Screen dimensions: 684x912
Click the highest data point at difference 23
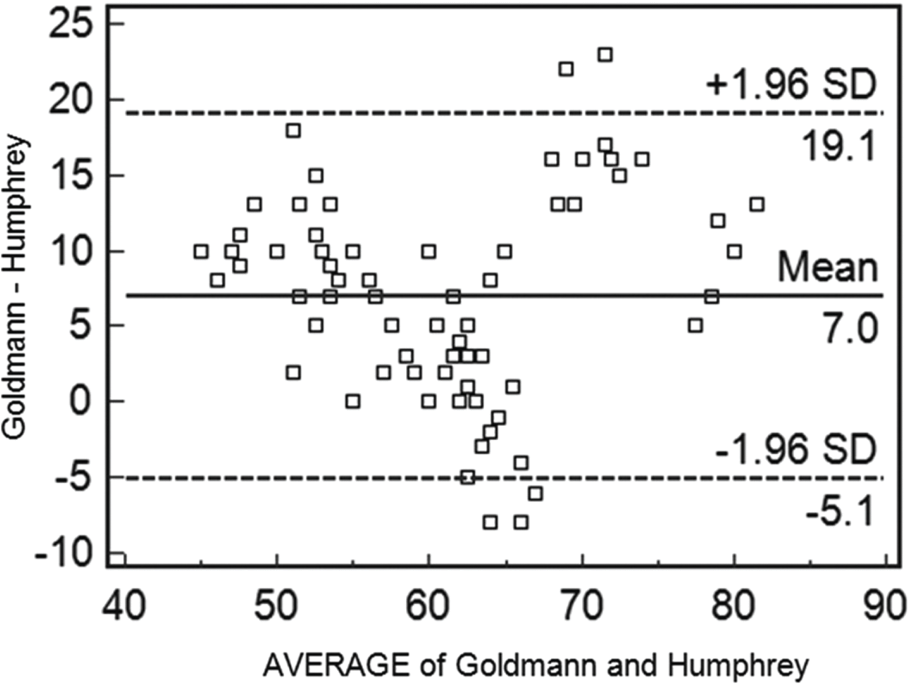(x=605, y=55)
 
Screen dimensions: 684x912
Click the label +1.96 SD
(x=791, y=84)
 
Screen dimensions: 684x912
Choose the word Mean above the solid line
(x=828, y=267)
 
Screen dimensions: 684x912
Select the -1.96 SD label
(x=796, y=449)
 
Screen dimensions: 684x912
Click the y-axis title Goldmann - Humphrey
(x=14, y=287)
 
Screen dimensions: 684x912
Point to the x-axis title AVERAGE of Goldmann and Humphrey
(x=535, y=666)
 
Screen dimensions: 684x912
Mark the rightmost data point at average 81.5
(x=757, y=204)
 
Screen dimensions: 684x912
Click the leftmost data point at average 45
(x=200, y=251)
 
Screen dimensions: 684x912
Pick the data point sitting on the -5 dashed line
(x=468, y=477)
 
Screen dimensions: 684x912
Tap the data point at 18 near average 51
(x=293, y=130)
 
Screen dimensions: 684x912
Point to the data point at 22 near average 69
(x=566, y=69)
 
